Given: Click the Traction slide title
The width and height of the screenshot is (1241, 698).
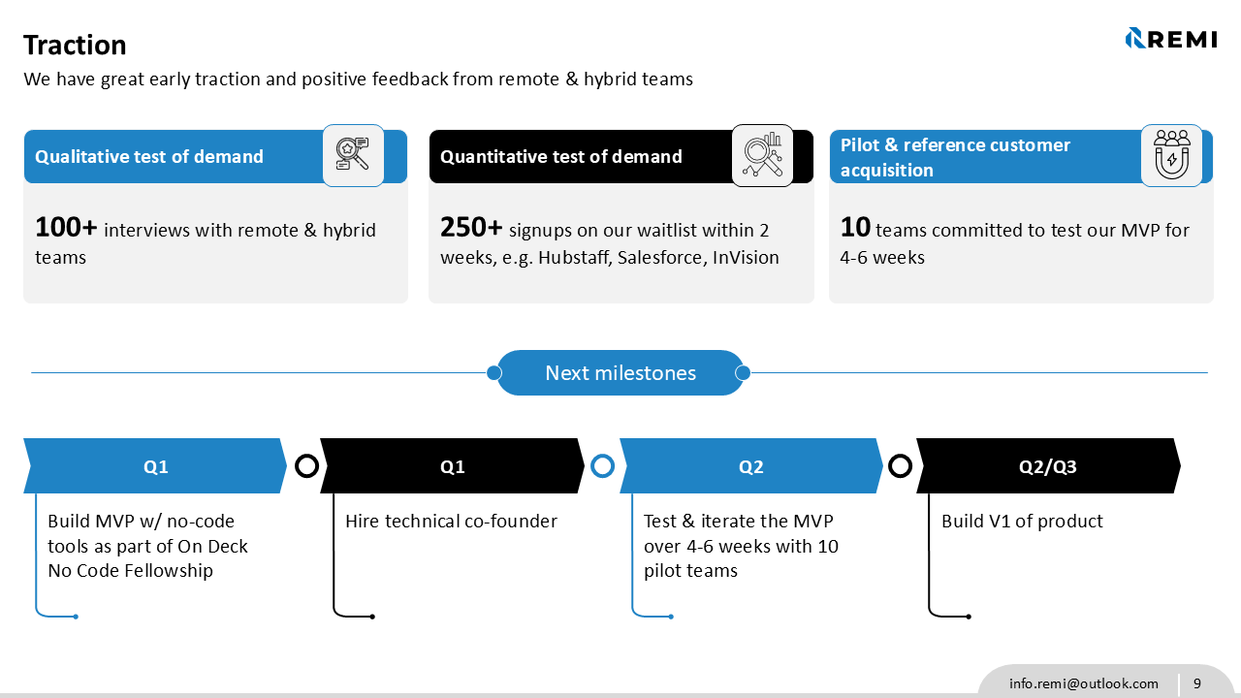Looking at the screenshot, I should tap(75, 46).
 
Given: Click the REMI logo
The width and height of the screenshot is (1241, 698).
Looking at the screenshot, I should tap(1170, 39).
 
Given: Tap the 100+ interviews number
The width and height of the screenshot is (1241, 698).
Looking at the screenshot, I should tap(66, 228).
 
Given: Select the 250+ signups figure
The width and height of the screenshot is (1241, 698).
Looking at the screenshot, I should tap(471, 228).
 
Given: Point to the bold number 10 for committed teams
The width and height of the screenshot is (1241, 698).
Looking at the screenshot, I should tap(855, 228).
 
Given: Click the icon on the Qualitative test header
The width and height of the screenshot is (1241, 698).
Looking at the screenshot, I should tap(353, 155).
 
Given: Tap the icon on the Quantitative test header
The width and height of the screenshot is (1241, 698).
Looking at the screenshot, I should tap(762, 155).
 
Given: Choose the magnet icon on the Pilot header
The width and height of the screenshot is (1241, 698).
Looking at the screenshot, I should tap(1171, 155).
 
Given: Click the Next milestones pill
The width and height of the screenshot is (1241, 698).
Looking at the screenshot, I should tap(620, 373).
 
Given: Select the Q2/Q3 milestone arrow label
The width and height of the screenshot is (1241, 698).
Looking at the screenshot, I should tap(1047, 466).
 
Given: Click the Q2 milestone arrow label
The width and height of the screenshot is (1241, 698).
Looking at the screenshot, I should tap(750, 466).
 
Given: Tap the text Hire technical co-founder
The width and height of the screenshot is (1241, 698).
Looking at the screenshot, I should tap(451, 522).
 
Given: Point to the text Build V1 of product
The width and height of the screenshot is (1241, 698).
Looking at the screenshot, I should tap(1022, 522).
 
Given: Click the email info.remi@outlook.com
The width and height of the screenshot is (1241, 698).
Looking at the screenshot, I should tap(1083, 683).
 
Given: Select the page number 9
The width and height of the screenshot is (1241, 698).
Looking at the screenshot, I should tap(1197, 683).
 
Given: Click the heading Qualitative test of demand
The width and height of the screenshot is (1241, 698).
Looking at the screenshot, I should tap(149, 157).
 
